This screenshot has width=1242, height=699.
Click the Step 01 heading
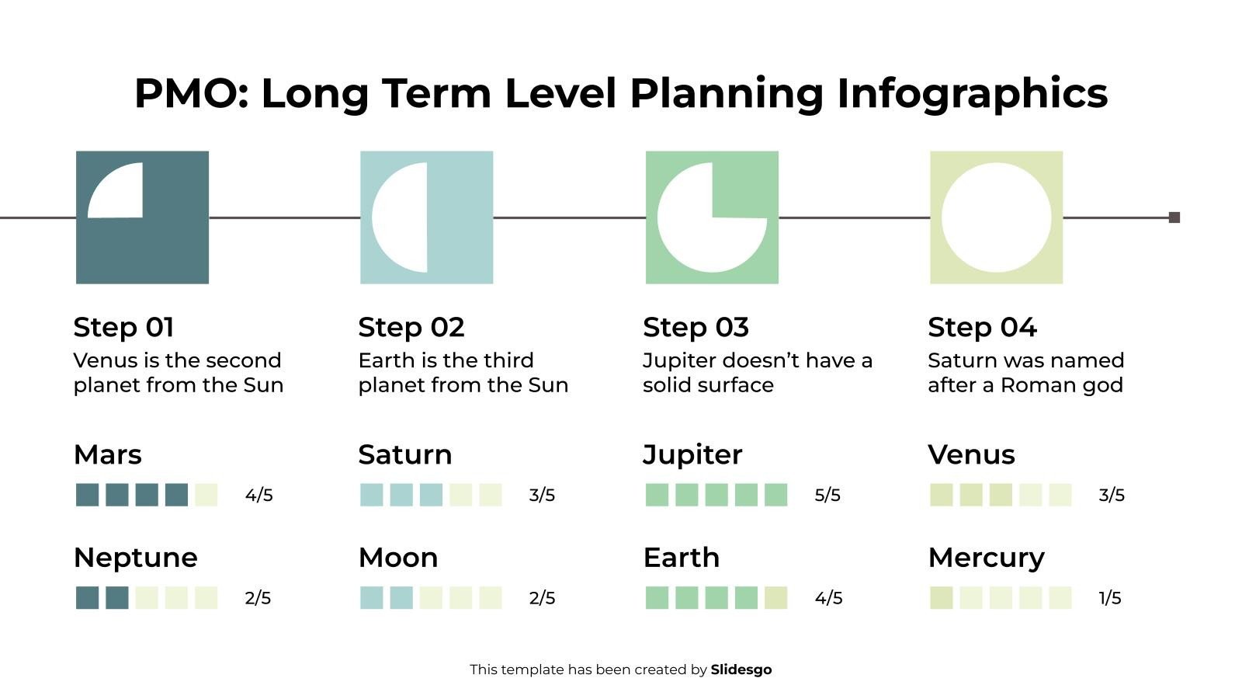click(123, 327)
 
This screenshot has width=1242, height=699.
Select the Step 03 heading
click(696, 327)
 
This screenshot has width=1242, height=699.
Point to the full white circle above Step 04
click(996, 217)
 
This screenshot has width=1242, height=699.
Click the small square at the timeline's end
click(1174, 217)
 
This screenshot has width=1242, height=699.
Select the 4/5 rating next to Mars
click(258, 495)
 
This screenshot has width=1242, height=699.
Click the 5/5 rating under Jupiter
click(827, 495)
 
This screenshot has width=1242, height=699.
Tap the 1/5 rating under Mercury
click(1110, 598)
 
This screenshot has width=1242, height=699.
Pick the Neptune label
click(135, 558)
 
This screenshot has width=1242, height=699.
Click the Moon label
click(398, 558)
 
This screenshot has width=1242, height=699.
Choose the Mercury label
click(986, 558)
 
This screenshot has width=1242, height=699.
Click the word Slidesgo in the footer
click(741, 669)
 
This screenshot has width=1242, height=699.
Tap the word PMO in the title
click(190, 93)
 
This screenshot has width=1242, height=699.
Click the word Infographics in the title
click(972, 93)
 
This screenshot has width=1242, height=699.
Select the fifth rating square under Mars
click(206, 495)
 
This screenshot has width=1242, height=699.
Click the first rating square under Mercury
click(942, 598)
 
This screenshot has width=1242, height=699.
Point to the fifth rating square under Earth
click(775, 598)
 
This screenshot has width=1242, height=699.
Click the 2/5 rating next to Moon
click(542, 598)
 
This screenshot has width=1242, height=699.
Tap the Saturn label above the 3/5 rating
click(404, 454)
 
